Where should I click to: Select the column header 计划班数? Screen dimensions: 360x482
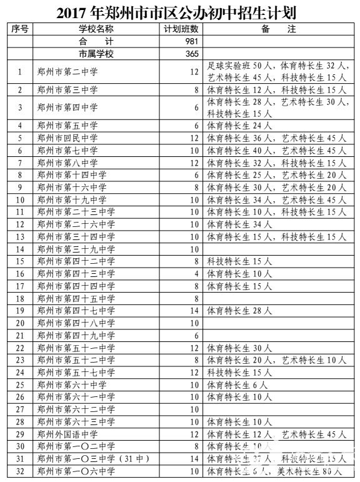[x=181, y=29]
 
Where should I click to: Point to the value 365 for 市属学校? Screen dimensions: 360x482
[x=192, y=54]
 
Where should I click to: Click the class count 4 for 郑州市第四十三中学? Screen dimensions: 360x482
[x=196, y=274]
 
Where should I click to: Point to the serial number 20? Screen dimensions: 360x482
[x=20, y=323]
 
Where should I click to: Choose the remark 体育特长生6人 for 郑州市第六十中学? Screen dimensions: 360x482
[x=237, y=384]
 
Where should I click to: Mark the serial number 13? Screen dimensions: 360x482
[x=20, y=237]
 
